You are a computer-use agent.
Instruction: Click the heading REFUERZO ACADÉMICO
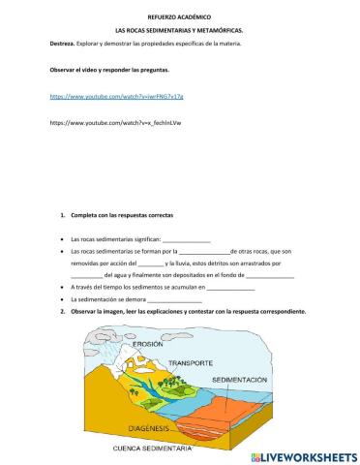coord(179,17)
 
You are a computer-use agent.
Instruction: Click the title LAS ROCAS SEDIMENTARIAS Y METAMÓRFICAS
coord(179,31)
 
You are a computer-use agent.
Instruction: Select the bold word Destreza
coord(61,45)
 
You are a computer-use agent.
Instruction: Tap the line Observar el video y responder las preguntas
coord(109,71)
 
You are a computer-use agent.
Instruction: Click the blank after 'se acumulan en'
coord(231,289)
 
